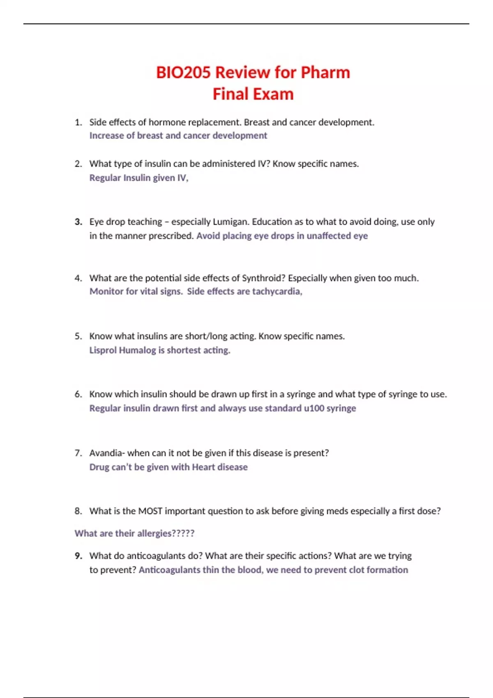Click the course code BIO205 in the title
click(184, 72)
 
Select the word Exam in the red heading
click(274, 94)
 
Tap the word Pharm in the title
click(325, 72)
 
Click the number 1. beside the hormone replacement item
click(78, 122)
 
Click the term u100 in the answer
click(313, 408)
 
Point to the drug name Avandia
click(106, 453)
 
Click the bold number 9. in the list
click(78, 556)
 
